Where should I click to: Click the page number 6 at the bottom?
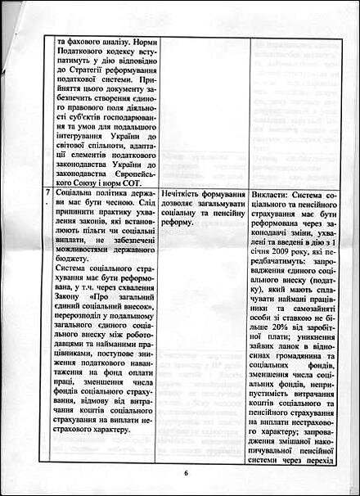click(186, 472)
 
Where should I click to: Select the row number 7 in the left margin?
click(48, 193)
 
